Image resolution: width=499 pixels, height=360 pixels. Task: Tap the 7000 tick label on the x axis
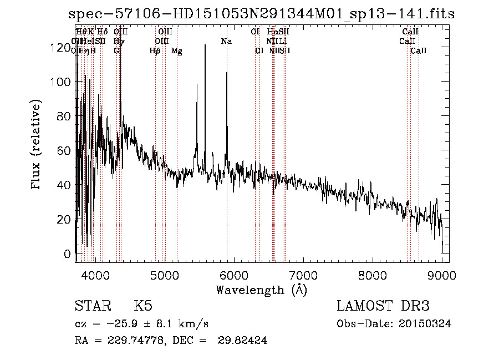[x=303, y=275]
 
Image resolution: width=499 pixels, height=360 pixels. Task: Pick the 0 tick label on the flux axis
[x=67, y=255]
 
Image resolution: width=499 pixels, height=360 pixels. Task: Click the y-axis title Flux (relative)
[x=37, y=145]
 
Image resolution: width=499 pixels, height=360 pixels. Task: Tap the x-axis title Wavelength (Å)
[x=261, y=290]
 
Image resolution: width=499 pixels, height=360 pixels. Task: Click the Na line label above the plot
[x=226, y=42]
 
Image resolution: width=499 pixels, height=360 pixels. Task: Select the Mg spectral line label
[x=176, y=51]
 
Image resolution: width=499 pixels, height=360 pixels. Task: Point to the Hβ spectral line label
[x=155, y=51]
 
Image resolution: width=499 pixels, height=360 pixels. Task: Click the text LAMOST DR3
[x=383, y=306]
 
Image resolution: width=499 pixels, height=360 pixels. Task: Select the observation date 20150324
[x=427, y=324]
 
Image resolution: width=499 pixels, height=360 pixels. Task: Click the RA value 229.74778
[x=131, y=341]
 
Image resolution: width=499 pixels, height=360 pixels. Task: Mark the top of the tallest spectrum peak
[x=205, y=45]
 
